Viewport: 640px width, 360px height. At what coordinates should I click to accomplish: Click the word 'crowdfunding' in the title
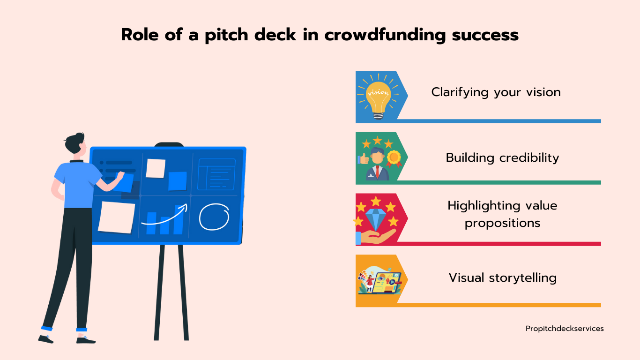(x=385, y=35)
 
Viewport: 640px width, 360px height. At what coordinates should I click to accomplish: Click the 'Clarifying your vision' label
(x=496, y=92)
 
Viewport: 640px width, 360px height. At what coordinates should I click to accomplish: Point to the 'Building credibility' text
(x=502, y=158)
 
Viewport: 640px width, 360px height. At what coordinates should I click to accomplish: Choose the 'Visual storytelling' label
(x=503, y=277)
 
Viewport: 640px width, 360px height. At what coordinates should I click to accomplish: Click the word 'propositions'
(x=502, y=223)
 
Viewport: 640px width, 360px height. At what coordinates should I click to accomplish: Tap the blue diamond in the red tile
(x=376, y=219)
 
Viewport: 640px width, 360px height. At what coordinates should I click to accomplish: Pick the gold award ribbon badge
(x=394, y=158)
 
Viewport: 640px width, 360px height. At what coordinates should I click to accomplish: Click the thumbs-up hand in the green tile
(x=363, y=159)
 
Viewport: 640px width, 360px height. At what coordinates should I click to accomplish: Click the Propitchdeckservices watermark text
(x=565, y=329)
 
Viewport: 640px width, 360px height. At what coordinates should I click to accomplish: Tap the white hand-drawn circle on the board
(x=214, y=217)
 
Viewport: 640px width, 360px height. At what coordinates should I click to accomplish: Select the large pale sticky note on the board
(x=116, y=217)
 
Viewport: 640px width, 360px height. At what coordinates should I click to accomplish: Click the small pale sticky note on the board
(x=156, y=168)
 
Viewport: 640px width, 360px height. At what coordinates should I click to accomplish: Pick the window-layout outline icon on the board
(x=216, y=174)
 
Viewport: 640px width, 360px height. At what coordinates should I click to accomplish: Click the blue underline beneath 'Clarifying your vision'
(x=499, y=121)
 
